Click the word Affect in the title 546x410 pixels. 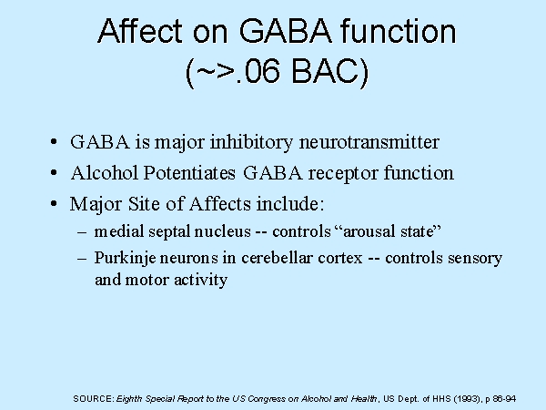click(140, 31)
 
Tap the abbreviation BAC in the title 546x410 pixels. click(329, 71)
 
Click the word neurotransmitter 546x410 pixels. click(369, 142)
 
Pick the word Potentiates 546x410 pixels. click(189, 172)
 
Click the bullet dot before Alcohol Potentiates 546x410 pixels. click(54, 172)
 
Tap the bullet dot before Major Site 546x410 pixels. click(54, 203)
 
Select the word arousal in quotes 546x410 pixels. click(369, 231)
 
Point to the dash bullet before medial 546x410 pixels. click(82, 231)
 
